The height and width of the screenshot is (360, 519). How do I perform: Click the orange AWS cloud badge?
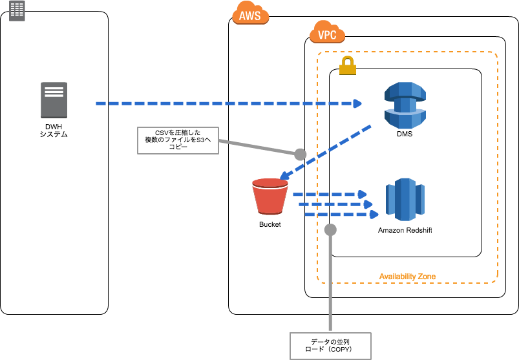coord(250,14)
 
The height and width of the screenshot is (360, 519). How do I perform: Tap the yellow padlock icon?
coord(348,65)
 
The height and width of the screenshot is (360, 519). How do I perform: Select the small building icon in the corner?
coord(17,10)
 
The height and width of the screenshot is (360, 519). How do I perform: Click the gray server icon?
coord(54,100)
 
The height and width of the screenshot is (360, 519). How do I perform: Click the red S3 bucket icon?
coord(270,196)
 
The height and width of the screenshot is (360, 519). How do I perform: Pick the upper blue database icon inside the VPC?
coord(405,105)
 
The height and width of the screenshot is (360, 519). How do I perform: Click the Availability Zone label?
coord(407,277)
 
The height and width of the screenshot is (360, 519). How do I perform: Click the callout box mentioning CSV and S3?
coord(178,140)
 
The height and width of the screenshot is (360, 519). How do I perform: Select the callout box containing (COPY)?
coord(330,346)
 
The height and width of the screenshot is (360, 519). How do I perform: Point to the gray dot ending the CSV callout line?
coord(300,154)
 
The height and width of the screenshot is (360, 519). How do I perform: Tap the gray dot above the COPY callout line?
coord(330,229)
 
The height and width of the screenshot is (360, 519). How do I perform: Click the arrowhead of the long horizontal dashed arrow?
coord(357,103)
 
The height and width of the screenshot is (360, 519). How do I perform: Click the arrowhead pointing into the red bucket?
coord(284,175)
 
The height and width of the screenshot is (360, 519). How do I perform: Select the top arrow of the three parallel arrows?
coord(330,194)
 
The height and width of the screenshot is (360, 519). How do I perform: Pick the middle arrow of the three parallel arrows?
coord(335,204)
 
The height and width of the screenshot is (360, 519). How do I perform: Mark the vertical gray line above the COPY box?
coord(330,284)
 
